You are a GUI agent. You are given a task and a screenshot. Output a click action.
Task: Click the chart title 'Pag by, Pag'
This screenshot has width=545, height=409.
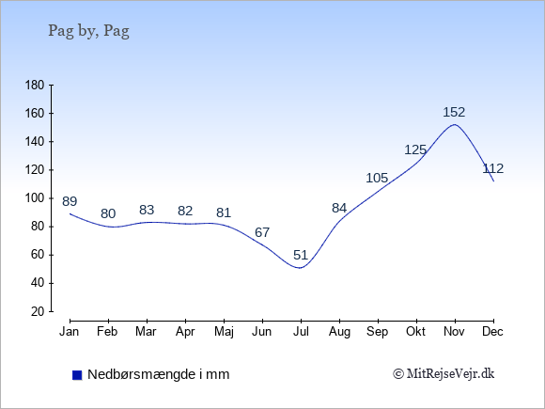click(x=88, y=31)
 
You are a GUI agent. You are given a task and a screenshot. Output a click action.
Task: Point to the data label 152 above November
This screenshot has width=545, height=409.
click(x=454, y=112)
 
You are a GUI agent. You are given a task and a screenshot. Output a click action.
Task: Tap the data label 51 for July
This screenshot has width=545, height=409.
click(x=301, y=255)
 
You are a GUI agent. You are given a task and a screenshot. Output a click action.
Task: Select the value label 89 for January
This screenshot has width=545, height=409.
click(x=70, y=201)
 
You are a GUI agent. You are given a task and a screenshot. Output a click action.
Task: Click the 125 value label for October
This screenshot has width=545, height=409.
click(x=415, y=149)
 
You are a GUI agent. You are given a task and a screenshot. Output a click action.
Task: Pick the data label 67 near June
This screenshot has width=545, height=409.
click(x=262, y=232)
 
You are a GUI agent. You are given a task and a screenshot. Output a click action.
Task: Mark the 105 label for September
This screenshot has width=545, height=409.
click(x=377, y=178)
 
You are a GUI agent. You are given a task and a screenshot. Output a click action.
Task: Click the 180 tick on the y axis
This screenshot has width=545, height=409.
click(x=35, y=85)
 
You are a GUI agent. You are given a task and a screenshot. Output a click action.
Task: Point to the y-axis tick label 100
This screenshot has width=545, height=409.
click(x=35, y=198)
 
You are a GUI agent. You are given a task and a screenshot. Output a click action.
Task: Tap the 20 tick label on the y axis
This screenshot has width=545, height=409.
click(x=38, y=311)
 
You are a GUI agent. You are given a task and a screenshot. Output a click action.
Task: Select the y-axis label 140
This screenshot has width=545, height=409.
click(x=35, y=142)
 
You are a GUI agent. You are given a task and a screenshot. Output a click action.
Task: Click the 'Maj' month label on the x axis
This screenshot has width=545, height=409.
click(x=224, y=332)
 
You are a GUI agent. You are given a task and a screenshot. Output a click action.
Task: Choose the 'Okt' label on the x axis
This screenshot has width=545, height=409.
click(x=415, y=332)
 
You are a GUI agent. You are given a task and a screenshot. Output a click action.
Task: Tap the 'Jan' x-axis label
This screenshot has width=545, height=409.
click(x=70, y=332)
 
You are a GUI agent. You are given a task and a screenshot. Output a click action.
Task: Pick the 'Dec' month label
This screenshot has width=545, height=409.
click(x=493, y=332)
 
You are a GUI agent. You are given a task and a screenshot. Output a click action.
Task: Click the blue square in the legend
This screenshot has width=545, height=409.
click(x=77, y=375)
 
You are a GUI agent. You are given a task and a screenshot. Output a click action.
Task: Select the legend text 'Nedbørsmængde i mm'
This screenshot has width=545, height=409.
click(x=159, y=374)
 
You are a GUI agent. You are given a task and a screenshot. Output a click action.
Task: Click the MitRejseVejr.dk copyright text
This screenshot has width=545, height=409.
click(x=444, y=374)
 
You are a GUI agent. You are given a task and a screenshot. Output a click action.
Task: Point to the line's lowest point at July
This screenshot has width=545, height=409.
click(x=300, y=268)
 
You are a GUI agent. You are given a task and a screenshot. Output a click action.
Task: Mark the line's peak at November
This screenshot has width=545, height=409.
click(x=455, y=124)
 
